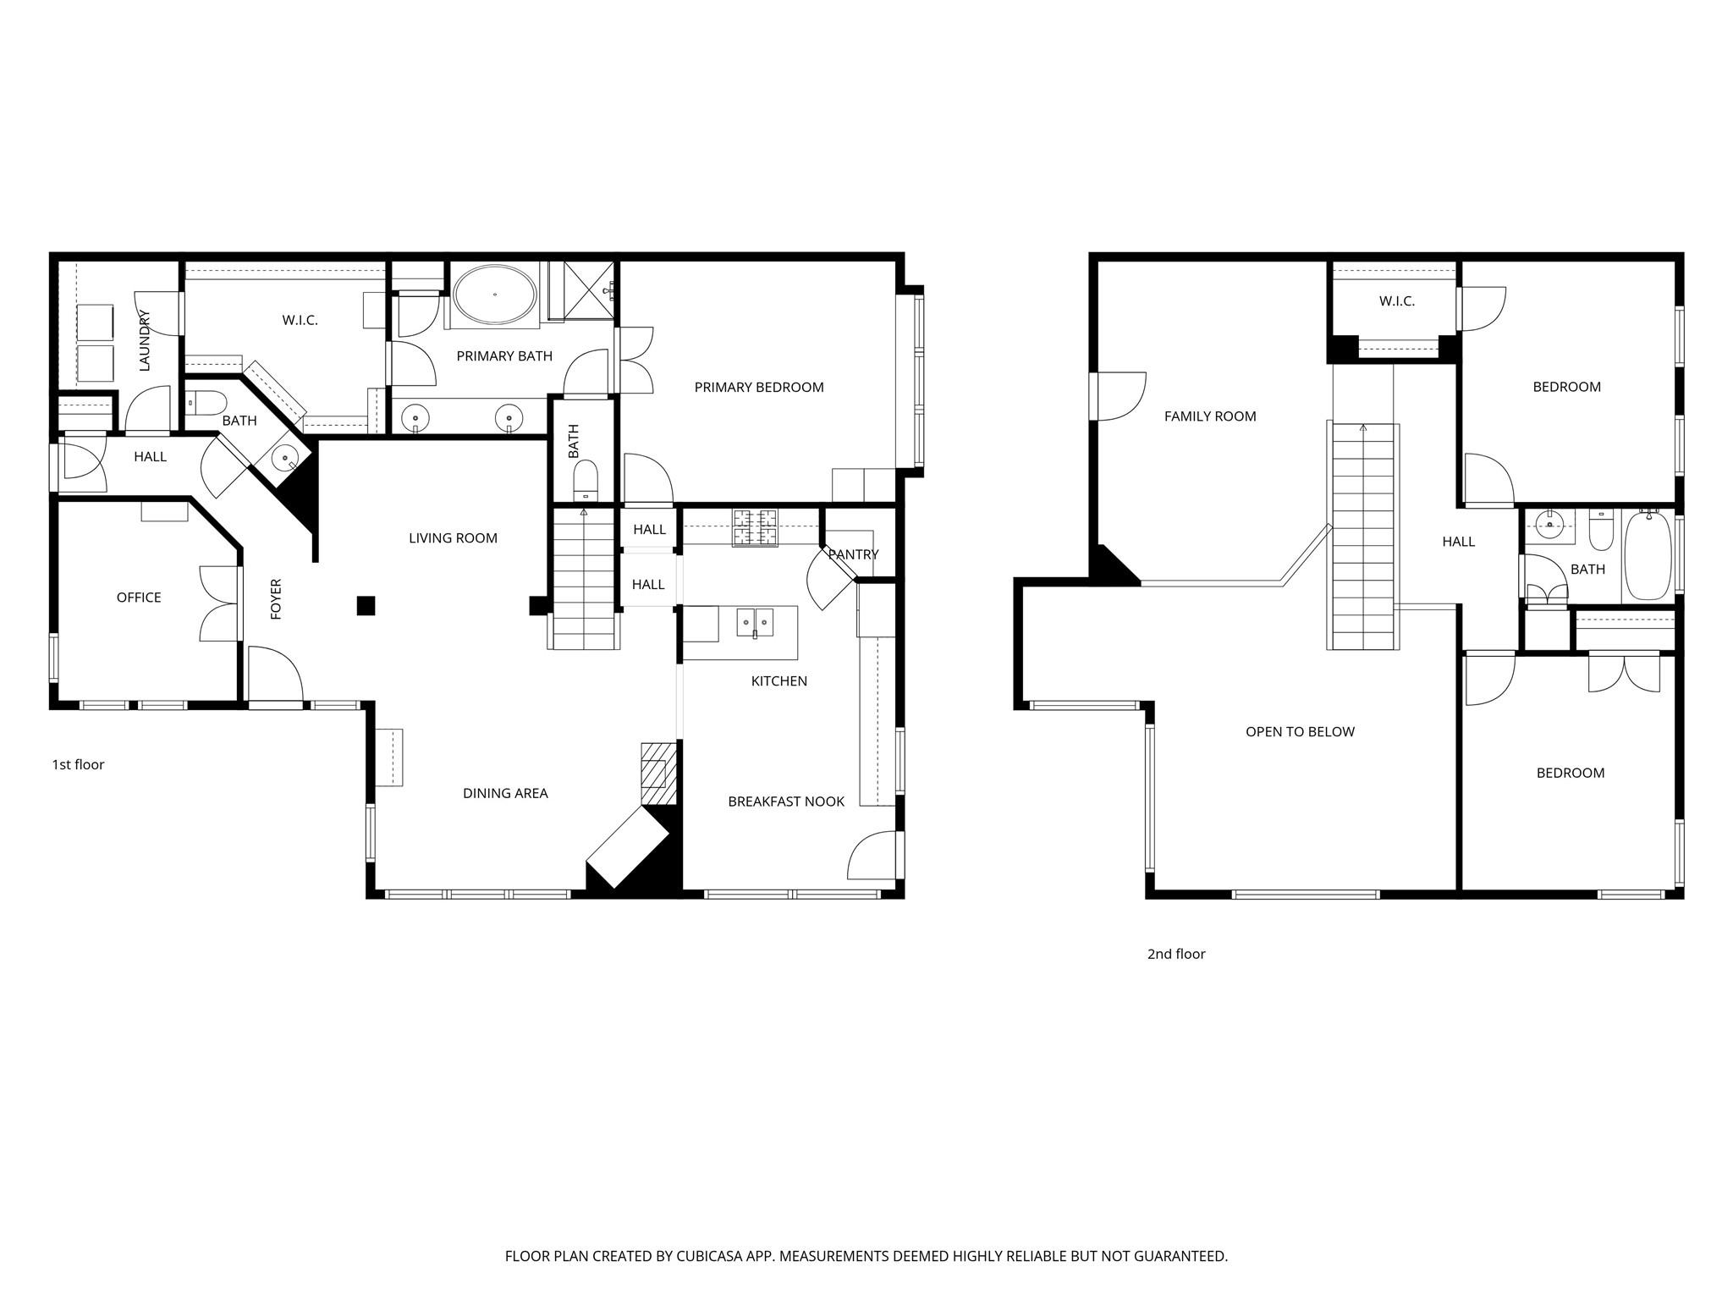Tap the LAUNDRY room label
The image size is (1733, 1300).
tap(144, 340)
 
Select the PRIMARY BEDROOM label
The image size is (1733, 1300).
tap(759, 388)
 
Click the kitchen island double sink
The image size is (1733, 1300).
tap(754, 622)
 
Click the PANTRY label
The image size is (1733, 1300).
tap(853, 554)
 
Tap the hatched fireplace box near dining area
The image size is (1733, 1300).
tap(659, 774)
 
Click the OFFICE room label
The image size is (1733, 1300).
tap(139, 598)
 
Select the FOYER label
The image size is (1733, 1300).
tap(276, 599)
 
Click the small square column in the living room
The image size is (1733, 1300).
tap(366, 605)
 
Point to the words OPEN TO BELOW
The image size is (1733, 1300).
tap(1300, 732)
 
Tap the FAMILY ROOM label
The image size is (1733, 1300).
tap(1210, 416)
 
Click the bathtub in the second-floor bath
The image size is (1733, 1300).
tap(1648, 555)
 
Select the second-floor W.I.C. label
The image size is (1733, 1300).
tap(1396, 301)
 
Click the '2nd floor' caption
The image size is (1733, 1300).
tap(1176, 954)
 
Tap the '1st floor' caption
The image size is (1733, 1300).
tap(79, 764)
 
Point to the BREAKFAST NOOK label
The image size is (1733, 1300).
tap(786, 801)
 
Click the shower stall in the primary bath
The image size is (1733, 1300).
tap(590, 290)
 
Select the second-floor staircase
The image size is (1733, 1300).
tap(1362, 537)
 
